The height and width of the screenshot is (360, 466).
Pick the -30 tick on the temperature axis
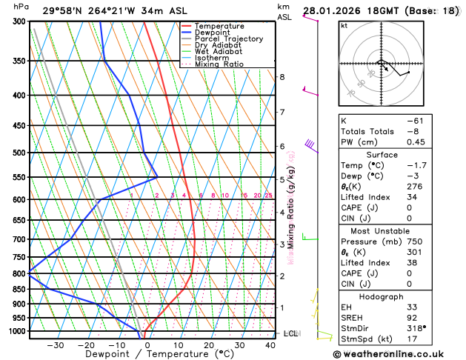click(x=56, y=345)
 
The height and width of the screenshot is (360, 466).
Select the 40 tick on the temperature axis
click(x=270, y=345)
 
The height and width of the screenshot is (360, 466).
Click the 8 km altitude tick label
click(x=282, y=77)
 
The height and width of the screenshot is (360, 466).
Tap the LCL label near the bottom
click(x=290, y=333)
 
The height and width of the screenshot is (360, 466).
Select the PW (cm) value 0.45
click(x=416, y=142)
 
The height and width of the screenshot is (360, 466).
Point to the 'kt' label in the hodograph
click(x=344, y=25)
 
